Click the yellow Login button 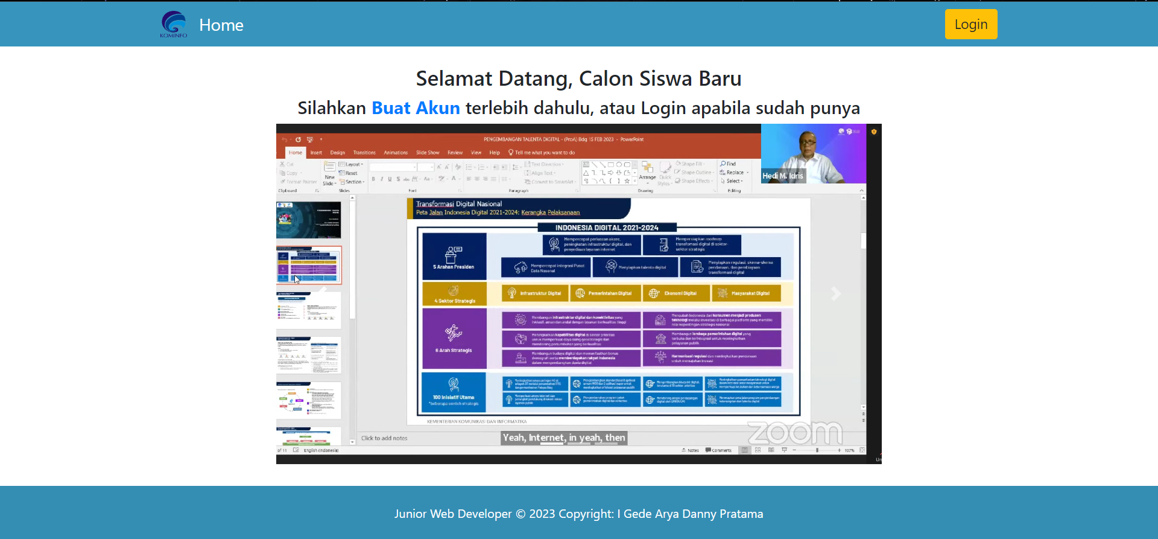[x=970, y=24]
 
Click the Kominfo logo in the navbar [x=174, y=24]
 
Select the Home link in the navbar [x=221, y=25]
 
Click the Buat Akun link [x=416, y=108]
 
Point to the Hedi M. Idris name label [x=783, y=176]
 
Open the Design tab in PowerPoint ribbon [x=338, y=153]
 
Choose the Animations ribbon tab [x=396, y=153]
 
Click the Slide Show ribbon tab [x=428, y=153]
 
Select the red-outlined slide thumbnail [x=309, y=265]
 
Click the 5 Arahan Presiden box [x=454, y=257]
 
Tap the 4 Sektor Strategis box [x=454, y=295]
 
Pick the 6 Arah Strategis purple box [x=454, y=338]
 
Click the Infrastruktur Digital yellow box [x=534, y=293]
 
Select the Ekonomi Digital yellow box [x=675, y=293]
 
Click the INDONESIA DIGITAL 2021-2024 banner [x=606, y=228]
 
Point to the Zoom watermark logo [x=795, y=432]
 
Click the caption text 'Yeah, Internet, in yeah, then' [x=564, y=438]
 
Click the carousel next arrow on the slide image [x=835, y=294]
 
